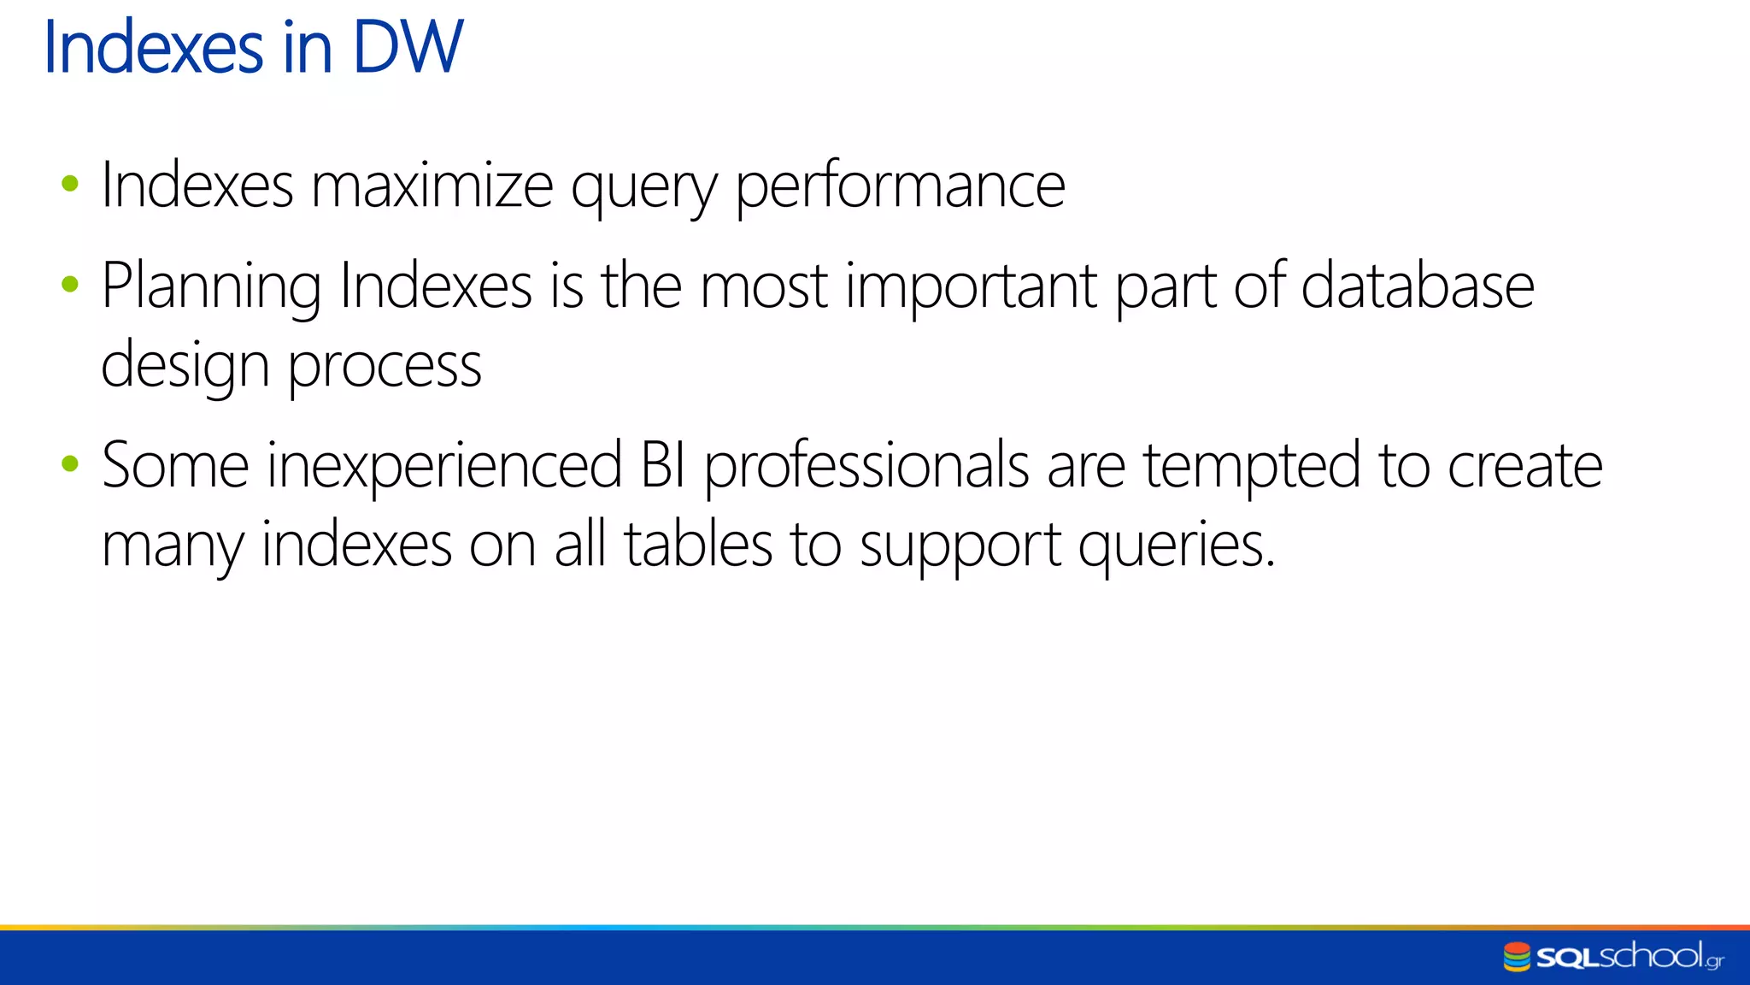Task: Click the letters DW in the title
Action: (408, 47)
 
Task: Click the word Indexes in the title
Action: (153, 47)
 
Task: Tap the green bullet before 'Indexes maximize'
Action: (70, 183)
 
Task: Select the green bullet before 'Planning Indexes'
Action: (70, 284)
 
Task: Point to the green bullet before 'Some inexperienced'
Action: (70, 464)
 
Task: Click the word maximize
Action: (432, 186)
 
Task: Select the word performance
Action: (900, 186)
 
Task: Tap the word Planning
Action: (211, 286)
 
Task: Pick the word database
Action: (1418, 286)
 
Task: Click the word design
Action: (185, 366)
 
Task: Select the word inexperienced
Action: (444, 467)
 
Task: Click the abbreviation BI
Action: (663, 466)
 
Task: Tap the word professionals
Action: (866, 467)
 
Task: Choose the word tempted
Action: (1251, 467)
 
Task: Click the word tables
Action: (698, 545)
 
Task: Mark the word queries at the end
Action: (1176, 546)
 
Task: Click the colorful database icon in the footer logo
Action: (1517, 957)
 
